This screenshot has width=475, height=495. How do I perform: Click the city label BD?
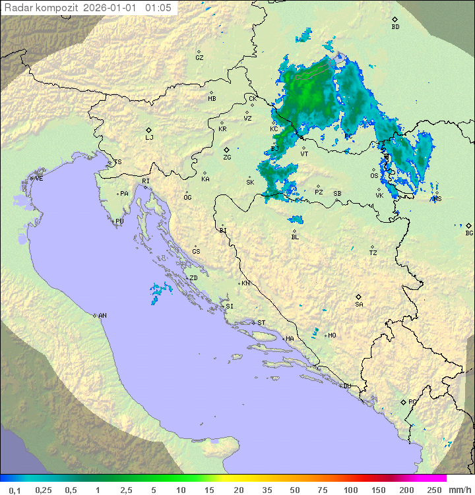click(395, 27)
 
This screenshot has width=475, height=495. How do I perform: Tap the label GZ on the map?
click(199, 58)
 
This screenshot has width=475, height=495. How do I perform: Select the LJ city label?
click(149, 138)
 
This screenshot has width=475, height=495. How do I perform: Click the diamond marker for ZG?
click(226, 150)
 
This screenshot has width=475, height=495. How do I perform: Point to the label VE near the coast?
click(39, 179)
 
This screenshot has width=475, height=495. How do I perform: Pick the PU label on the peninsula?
click(119, 221)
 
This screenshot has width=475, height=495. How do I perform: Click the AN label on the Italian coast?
click(102, 316)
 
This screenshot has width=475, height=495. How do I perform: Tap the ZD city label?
click(193, 278)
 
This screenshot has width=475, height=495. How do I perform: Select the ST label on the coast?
click(261, 323)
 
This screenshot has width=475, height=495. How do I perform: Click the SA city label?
click(359, 305)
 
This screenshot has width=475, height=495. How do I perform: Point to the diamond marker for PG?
click(404, 401)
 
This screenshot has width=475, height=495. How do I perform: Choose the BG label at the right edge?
click(469, 233)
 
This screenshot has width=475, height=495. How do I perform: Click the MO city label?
click(332, 335)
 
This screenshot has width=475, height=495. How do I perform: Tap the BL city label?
click(295, 237)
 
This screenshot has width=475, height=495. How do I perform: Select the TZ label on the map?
click(373, 253)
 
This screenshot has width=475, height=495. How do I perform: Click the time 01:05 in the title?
click(158, 8)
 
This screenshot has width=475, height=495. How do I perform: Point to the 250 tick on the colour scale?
click(434, 490)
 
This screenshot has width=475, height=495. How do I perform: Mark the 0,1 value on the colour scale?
click(15, 490)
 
